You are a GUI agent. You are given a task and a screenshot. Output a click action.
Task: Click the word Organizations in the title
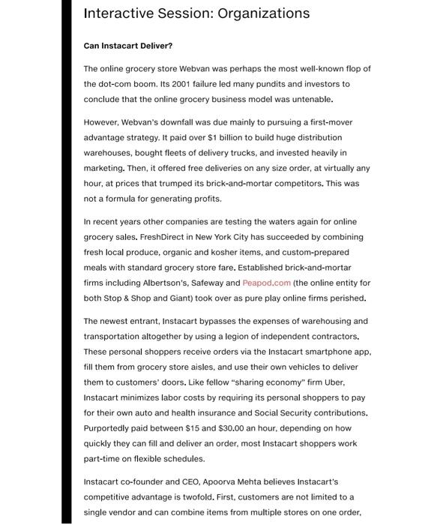(x=248, y=13)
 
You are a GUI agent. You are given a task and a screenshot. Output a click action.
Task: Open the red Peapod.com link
(x=266, y=283)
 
